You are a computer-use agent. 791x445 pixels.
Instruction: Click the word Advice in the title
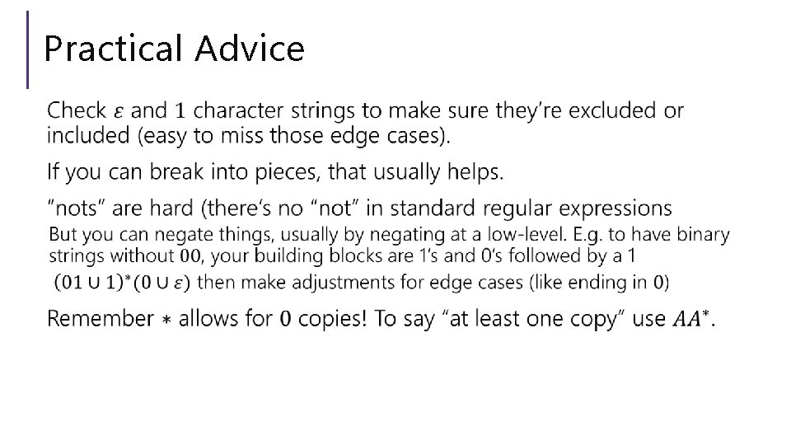[x=250, y=49]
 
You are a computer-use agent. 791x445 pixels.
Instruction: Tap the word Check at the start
[x=77, y=110]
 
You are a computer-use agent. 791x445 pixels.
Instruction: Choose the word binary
[x=700, y=235]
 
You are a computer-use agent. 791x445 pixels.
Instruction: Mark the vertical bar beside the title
[x=29, y=49]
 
